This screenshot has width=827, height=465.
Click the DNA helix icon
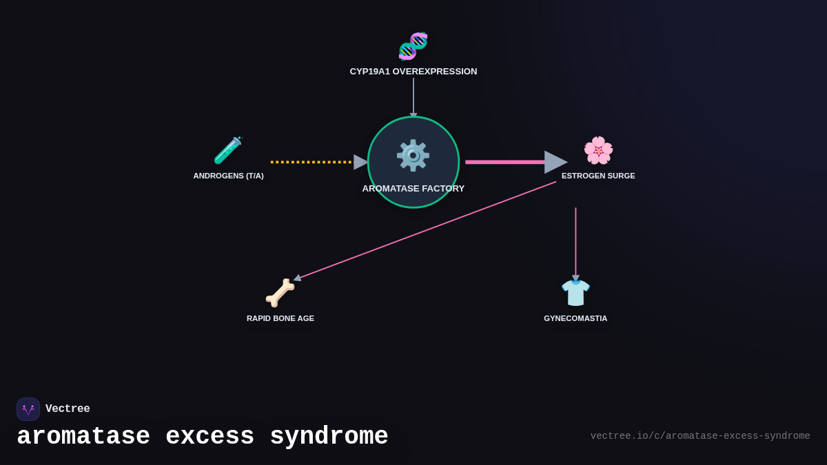413,46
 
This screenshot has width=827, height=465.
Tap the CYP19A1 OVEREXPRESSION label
413,72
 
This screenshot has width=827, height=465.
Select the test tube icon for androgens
228,150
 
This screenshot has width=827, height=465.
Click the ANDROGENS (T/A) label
228,176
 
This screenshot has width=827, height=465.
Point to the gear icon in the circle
413,156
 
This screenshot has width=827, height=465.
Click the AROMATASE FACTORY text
413,189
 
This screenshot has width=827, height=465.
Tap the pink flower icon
598,150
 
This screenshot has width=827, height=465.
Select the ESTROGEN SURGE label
598,176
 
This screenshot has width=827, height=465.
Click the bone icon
280,293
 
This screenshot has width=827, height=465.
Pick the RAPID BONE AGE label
280,318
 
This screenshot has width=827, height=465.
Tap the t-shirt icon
575,293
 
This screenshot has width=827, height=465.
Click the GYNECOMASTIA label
575,318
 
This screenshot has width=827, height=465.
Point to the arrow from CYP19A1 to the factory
413,96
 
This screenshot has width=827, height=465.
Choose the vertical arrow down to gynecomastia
576,241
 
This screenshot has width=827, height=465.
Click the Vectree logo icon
28,409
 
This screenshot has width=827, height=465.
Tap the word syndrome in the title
329,437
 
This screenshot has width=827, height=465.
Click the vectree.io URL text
700,436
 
